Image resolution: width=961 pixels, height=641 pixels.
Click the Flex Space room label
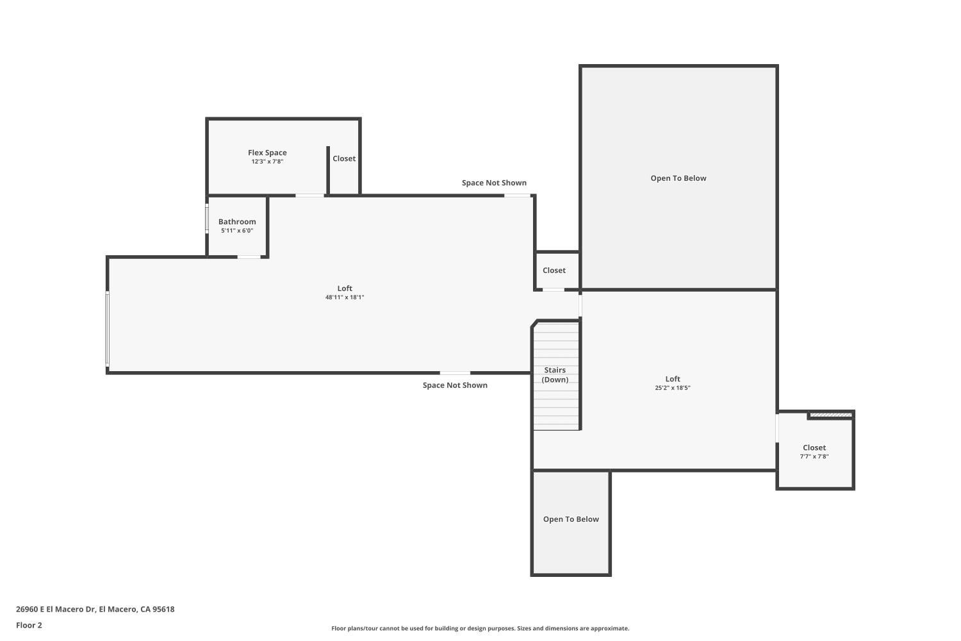tap(267, 153)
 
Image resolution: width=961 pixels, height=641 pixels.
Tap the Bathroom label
tap(237, 222)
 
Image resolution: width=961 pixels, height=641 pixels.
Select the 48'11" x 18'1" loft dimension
tap(345, 297)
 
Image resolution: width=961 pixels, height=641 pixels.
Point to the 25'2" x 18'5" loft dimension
tap(672, 388)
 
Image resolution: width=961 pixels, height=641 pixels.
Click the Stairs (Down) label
tap(555, 375)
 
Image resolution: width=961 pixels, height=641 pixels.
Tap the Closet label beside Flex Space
tap(343, 158)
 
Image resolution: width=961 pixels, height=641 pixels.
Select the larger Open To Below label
tap(678, 178)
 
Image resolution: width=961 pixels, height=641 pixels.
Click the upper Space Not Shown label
tap(494, 183)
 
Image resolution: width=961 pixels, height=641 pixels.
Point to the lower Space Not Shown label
tap(455, 385)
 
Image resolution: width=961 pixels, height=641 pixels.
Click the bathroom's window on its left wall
tap(207, 219)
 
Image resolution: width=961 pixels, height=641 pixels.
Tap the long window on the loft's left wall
tap(107, 329)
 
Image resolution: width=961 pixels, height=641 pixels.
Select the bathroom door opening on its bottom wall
tap(249, 257)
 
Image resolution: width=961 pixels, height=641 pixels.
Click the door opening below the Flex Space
tap(309, 196)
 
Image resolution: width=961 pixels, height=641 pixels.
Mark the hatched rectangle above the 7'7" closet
tap(830, 415)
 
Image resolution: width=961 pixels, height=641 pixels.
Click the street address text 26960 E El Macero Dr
tap(56, 609)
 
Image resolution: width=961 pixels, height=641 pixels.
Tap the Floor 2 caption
tap(29, 625)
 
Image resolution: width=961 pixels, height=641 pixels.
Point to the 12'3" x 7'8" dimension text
tap(267, 162)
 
